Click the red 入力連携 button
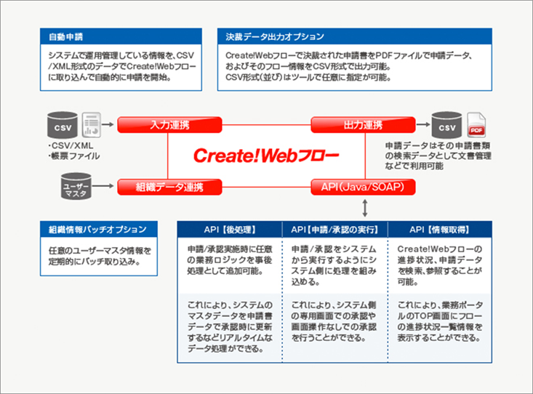coord(169,125)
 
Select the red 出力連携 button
coord(363,125)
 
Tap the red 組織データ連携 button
coord(169,187)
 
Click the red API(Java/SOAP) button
coord(363,187)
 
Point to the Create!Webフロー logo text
coord(266,156)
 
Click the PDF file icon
coord(476,125)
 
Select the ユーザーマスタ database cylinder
coord(76,186)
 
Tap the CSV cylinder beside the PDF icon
coord(446,125)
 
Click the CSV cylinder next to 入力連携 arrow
coord(63,125)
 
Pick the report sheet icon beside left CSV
coord(92,125)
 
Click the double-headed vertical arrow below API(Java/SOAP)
coord(365,208)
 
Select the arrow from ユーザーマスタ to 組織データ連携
coord(103,186)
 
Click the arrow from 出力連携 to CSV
coord(423,124)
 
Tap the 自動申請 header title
coord(65,37)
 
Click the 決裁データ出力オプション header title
coord(275,37)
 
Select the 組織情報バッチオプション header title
coord(97,230)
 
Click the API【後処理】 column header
coord(230,230)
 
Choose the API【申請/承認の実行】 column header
coord(334,230)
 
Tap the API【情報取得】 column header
coord(439,230)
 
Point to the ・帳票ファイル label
coord(73,156)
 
